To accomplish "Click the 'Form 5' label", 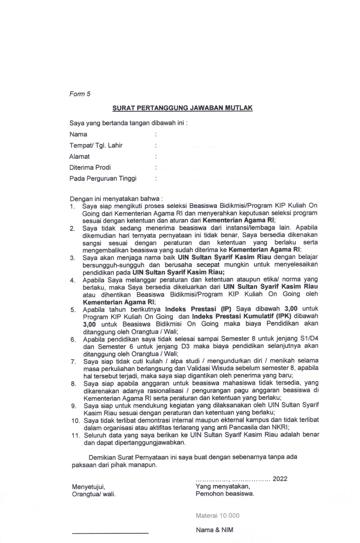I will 80,94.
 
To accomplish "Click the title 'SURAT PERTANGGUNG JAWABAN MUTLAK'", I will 182,108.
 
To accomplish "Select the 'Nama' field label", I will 78,134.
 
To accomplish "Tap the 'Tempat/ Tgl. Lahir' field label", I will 96,145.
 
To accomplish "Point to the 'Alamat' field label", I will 79,157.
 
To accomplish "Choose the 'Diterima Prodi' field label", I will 90,168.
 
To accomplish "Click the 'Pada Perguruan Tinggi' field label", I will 103,179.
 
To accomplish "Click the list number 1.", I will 72,206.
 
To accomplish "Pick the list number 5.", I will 73,310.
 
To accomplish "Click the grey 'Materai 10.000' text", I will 217,515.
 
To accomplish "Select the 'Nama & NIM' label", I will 214,530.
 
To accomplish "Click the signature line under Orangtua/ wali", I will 110,532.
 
